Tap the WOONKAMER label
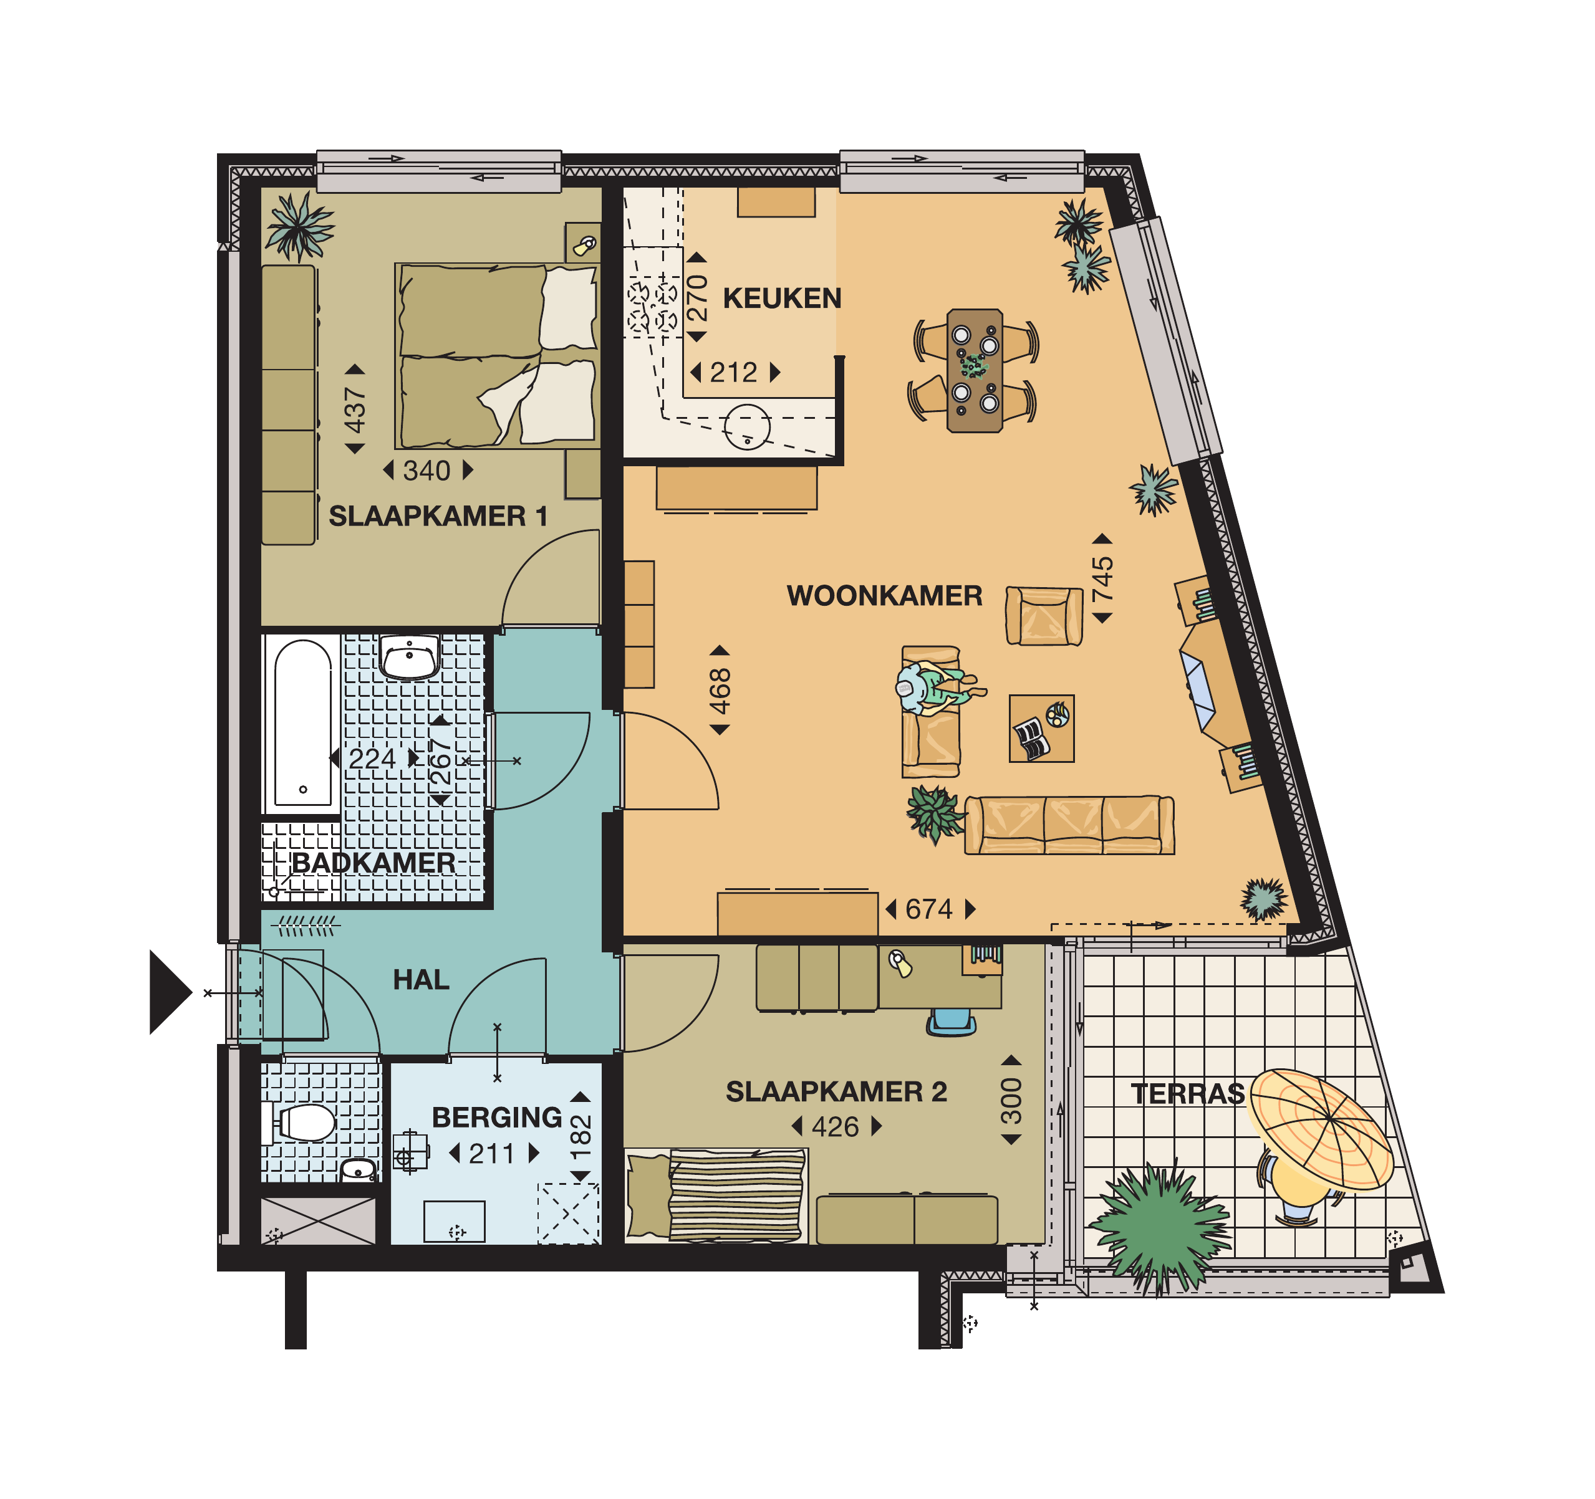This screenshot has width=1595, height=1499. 884,596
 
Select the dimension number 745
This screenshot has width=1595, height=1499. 1102,579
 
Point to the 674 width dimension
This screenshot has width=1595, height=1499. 929,909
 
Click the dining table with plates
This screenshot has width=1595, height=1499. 975,370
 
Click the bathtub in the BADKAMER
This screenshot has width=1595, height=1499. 302,724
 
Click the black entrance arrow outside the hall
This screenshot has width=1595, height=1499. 169,992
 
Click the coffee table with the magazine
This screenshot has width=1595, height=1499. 1041,728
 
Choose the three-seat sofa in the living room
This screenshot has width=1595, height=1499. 1069,825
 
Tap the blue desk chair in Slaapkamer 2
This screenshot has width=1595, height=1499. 952,1022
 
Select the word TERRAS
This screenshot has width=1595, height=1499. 1187,1094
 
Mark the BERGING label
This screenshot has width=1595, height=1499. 496,1117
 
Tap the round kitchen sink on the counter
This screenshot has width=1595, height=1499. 747,427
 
